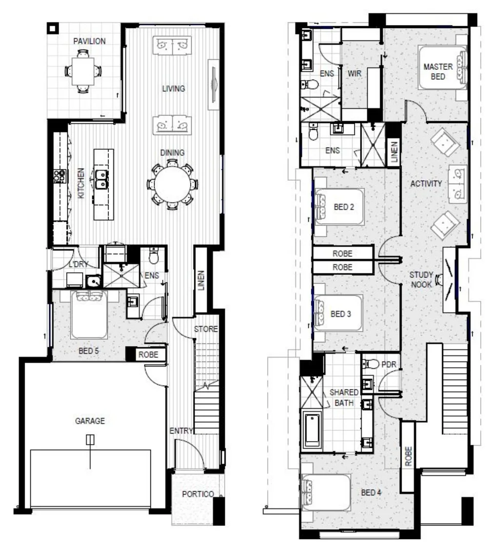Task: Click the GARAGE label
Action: coord(90,421)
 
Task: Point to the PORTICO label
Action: coord(197,494)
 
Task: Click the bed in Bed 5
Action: coord(89,316)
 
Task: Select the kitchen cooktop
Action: coord(61,176)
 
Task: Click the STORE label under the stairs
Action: coord(206,329)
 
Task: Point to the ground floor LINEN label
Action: coord(201,281)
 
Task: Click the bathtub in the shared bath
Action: coord(312,429)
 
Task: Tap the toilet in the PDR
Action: coord(371,364)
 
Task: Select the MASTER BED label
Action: coord(437,71)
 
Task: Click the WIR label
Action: coord(355,73)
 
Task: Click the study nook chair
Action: coord(440,280)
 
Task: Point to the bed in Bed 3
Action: coord(336,314)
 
